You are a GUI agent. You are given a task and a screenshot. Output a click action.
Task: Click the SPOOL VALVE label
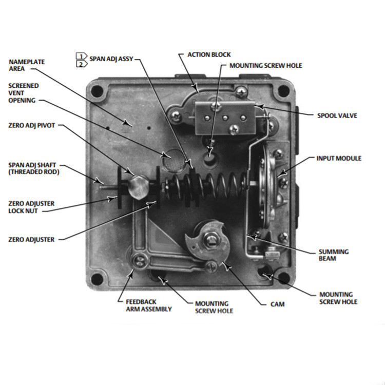[x=337, y=115]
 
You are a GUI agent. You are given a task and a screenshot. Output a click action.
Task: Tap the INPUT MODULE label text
[x=338, y=159]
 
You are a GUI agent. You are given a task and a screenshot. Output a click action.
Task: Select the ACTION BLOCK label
[x=209, y=54]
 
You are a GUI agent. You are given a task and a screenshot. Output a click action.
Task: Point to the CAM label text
[x=278, y=304]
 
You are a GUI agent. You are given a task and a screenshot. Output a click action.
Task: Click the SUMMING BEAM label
[x=334, y=255]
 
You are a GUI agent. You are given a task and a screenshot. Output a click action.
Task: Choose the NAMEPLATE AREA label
[x=27, y=65]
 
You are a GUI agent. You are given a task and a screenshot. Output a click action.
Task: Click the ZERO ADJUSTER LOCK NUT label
[x=31, y=207]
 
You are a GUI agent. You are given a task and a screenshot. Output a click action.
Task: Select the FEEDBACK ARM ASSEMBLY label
[x=149, y=305]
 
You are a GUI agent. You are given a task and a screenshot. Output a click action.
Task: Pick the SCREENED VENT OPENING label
[x=23, y=93]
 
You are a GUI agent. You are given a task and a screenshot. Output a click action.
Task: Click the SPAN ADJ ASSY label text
[x=111, y=59]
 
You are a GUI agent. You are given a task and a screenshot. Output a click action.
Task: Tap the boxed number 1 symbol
[x=80, y=55]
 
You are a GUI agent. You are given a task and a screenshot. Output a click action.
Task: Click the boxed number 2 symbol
[x=80, y=64]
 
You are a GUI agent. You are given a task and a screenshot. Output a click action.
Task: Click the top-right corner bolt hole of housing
[x=282, y=92]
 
